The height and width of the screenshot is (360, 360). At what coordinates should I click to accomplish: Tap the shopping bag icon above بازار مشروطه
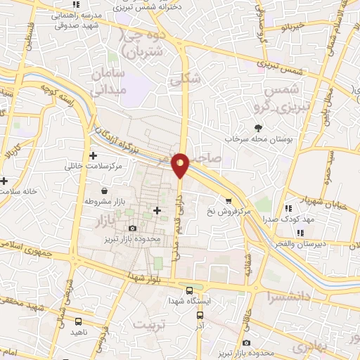pyautogui.click(x=105, y=191)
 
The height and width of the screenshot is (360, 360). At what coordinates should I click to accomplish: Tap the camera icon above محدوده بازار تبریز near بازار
pyautogui.click(x=133, y=229)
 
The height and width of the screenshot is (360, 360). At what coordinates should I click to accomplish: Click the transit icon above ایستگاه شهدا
pyautogui.click(x=189, y=290)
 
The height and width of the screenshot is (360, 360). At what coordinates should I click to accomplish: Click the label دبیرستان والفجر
pyautogui.click(x=312, y=243)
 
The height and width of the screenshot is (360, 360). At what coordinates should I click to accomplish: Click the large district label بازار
pyautogui.click(x=108, y=221)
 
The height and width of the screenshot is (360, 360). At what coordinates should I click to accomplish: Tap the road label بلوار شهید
pyautogui.click(x=147, y=275)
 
